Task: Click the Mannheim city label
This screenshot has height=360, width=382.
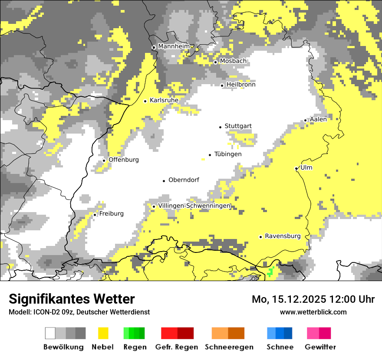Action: pos(174,46)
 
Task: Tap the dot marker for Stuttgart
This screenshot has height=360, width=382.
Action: pos(220,127)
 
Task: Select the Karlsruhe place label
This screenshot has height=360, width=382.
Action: pos(164,100)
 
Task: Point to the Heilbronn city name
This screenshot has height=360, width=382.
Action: pos(241,85)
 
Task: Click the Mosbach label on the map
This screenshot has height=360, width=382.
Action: pos(233,61)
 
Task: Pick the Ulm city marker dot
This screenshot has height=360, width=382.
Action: pos(296,168)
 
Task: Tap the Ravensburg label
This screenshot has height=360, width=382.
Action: pos(283,236)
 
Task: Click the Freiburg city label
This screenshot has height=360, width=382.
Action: pos(111,214)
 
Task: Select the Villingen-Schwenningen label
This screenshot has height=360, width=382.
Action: pos(194,206)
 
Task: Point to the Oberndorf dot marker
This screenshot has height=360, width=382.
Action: pos(164,180)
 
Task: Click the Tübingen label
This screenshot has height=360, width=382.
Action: pos(228,154)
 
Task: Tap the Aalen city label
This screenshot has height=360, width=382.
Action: pos(318,119)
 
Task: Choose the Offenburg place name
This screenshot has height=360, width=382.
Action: pos(124,160)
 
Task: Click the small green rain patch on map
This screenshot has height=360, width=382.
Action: pos(270,272)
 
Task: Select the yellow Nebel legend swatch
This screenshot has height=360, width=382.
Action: pos(103,333)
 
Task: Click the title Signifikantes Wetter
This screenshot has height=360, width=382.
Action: pos(72,299)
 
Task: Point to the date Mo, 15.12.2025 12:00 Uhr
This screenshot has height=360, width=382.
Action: pos(313,299)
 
